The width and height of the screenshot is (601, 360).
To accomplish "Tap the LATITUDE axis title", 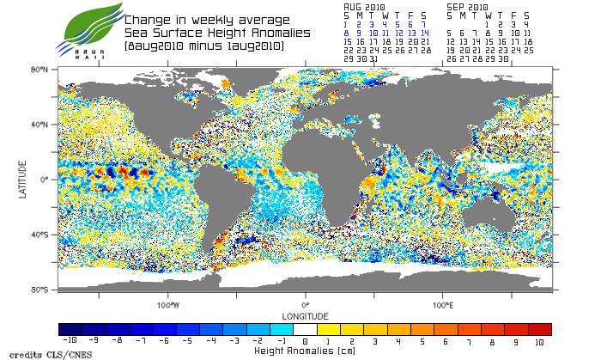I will (x=24, y=179).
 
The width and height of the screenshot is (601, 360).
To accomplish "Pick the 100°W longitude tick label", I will (x=168, y=304).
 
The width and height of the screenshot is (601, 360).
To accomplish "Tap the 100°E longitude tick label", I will (x=443, y=304).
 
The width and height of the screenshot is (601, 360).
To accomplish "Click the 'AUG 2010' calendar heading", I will (x=364, y=5).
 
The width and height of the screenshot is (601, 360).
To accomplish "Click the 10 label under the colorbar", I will (x=539, y=340).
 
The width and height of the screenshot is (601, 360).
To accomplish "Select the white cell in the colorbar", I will (x=305, y=329).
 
